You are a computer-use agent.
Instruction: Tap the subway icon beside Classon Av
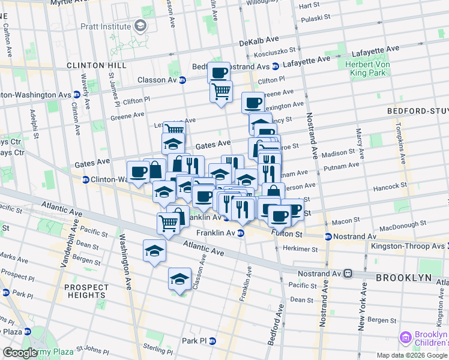click(x=182, y=80)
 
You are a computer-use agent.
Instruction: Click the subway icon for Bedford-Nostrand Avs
click(x=275, y=66)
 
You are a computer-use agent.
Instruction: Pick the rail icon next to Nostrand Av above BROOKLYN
click(x=348, y=274)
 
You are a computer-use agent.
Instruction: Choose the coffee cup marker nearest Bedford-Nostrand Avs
click(x=219, y=73)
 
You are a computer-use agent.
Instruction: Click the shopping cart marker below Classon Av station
click(x=221, y=92)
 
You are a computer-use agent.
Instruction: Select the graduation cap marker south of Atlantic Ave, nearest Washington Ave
click(x=154, y=250)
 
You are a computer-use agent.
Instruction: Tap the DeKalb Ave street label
click(x=259, y=41)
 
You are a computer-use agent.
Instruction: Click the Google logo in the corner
click(x=20, y=353)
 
